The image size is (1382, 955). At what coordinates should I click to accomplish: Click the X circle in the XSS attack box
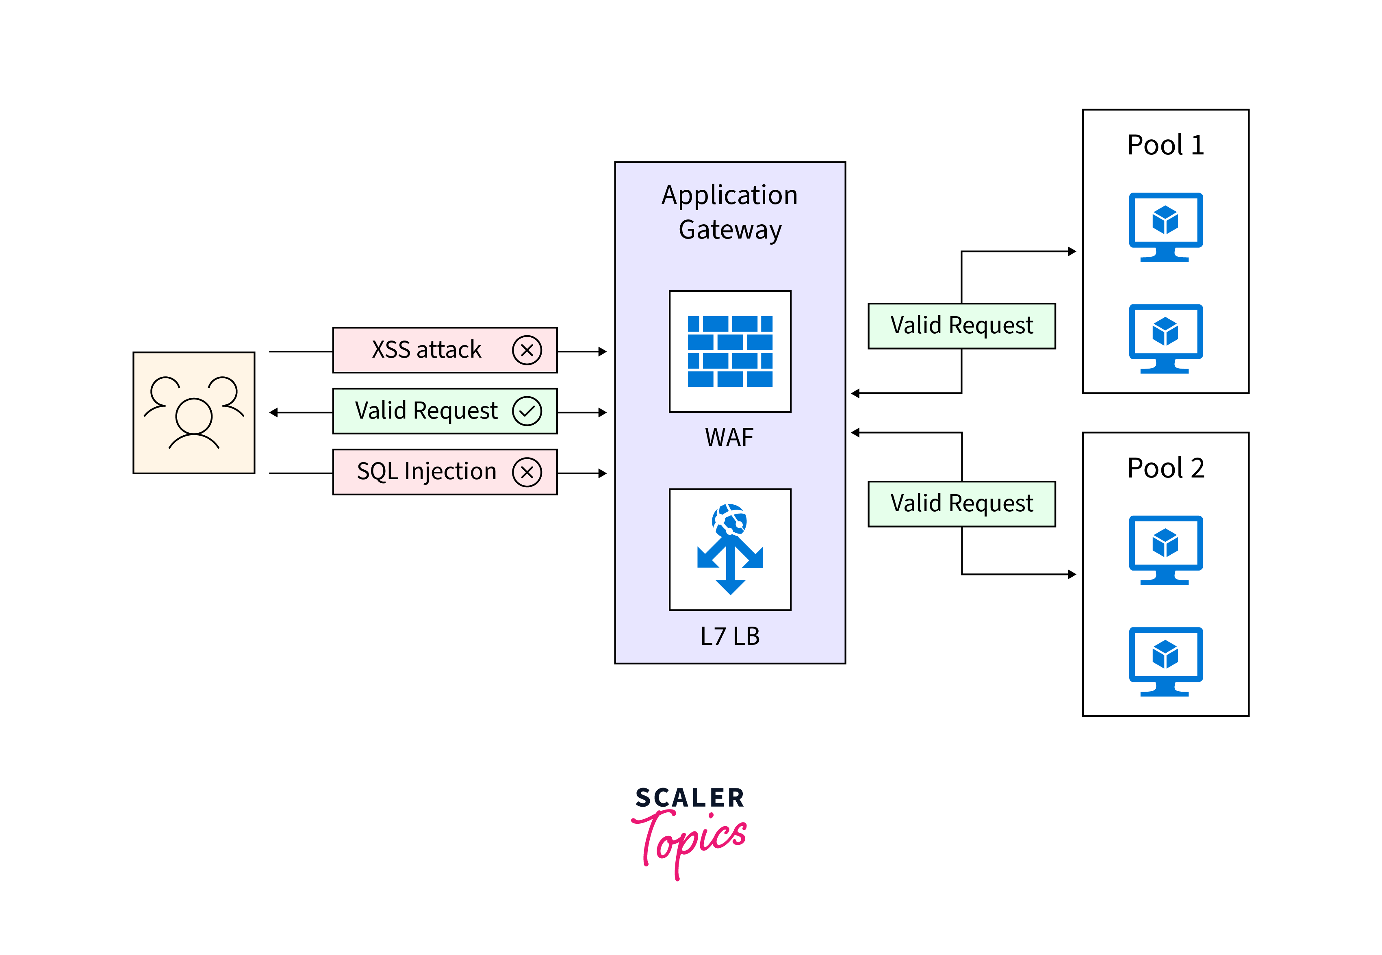[x=527, y=350]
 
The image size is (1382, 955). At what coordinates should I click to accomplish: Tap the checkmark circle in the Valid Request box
[x=527, y=411]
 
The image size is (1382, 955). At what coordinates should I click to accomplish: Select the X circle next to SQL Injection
[x=527, y=472]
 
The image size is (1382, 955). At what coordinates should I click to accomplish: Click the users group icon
[x=194, y=413]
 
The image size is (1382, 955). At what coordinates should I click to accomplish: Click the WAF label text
[x=729, y=437]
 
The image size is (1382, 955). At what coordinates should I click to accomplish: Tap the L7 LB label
[x=730, y=636]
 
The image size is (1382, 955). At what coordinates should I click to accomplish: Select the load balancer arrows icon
[x=730, y=549]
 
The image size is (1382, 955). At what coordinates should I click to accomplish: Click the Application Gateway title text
[x=730, y=213]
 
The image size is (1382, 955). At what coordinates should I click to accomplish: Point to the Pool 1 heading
[x=1165, y=145]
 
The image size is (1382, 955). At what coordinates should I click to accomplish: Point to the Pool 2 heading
[x=1165, y=468]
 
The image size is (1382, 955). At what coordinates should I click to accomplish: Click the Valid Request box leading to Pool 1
[x=961, y=326]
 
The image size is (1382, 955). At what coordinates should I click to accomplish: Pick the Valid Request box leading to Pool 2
[x=961, y=503]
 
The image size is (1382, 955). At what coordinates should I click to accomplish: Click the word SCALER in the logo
[x=690, y=798]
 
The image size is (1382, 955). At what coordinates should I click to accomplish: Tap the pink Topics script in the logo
[x=691, y=841]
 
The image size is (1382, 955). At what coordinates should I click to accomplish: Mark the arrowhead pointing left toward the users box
[x=274, y=412]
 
